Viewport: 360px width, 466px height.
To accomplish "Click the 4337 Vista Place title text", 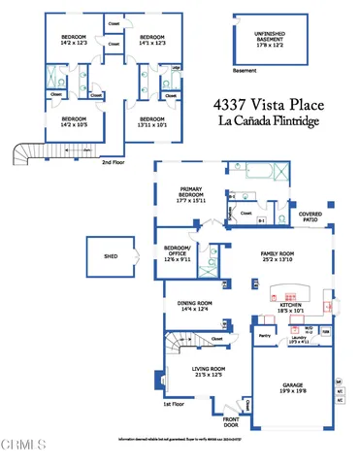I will pos(273,104).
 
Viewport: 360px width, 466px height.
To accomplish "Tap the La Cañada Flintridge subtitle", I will pos(273,123).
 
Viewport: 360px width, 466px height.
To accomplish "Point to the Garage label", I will pos(292,387).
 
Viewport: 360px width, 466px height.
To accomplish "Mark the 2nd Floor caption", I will pos(114,163).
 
